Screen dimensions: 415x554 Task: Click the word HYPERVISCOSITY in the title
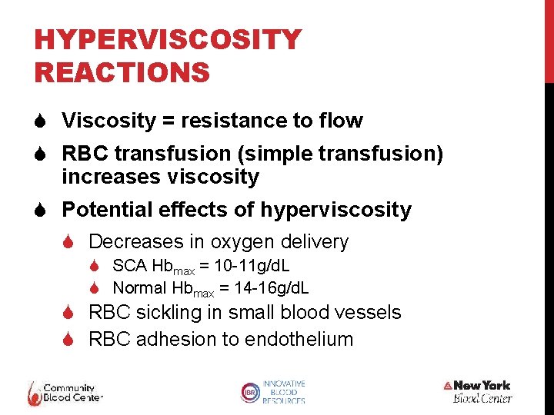[168, 39]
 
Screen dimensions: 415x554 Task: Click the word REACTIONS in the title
[122, 72]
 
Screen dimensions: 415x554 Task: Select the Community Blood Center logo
[65, 393]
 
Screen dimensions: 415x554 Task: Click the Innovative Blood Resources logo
[273, 392]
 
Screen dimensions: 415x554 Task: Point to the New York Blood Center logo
[478, 391]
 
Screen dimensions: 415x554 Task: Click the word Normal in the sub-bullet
[139, 288]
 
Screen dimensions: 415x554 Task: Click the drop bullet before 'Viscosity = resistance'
[43, 121]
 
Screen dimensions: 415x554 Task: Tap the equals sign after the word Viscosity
[163, 121]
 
